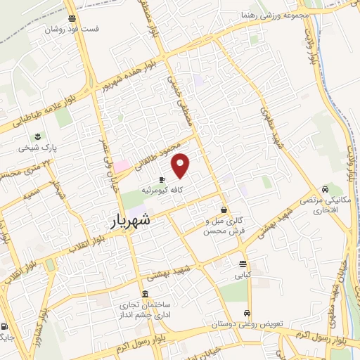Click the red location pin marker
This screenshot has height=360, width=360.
(x=181, y=165)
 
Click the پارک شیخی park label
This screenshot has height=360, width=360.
(x=38, y=149)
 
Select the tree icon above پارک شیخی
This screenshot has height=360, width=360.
(x=38, y=137)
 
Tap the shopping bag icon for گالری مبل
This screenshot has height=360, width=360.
(x=224, y=209)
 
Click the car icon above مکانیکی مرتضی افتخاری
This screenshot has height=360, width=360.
(x=324, y=188)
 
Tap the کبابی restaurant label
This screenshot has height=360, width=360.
(x=243, y=276)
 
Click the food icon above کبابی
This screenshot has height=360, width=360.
(x=243, y=265)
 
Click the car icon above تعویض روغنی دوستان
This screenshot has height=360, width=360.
(x=247, y=313)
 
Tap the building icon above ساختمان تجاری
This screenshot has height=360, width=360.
(x=145, y=293)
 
